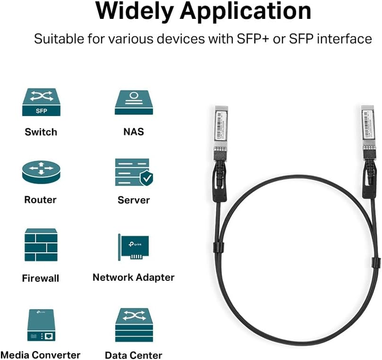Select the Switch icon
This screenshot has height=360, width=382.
41,102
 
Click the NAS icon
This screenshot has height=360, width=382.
134,102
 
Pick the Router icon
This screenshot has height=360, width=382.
41,171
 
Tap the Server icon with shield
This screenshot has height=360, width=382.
134,172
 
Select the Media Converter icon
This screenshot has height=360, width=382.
41,324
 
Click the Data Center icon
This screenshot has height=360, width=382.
134,324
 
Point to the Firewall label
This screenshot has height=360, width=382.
41,279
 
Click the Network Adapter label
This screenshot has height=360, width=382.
133,277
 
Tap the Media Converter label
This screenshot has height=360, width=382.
41,355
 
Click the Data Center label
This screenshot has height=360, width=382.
133,355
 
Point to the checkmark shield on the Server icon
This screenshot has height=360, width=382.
146,179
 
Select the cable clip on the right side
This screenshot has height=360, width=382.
373,264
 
